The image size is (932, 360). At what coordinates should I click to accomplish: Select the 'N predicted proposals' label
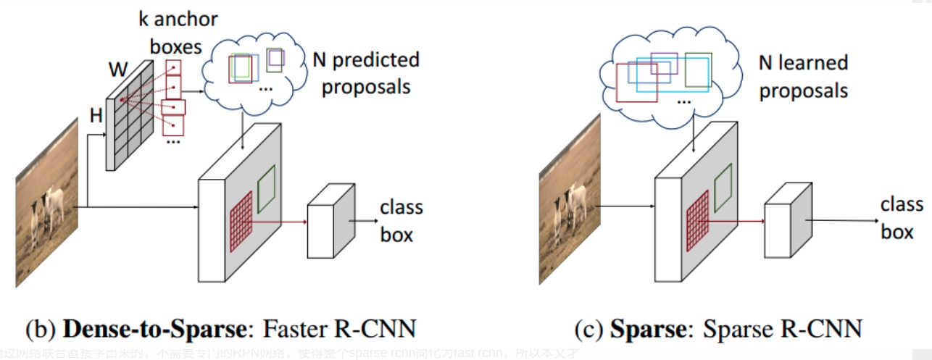coord(366,73)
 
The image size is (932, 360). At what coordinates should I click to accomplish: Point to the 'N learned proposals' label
coord(803,77)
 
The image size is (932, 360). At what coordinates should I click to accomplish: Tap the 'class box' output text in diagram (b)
coord(401,221)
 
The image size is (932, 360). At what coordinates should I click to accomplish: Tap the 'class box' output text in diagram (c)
coord(901,218)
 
